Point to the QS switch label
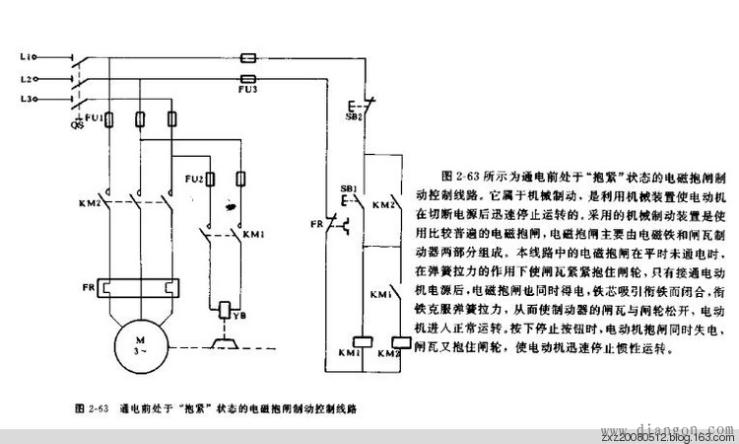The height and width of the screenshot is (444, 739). tap(77, 126)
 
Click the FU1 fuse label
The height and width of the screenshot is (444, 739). tap(95, 117)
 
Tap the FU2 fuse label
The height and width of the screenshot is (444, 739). tap(193, 180)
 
